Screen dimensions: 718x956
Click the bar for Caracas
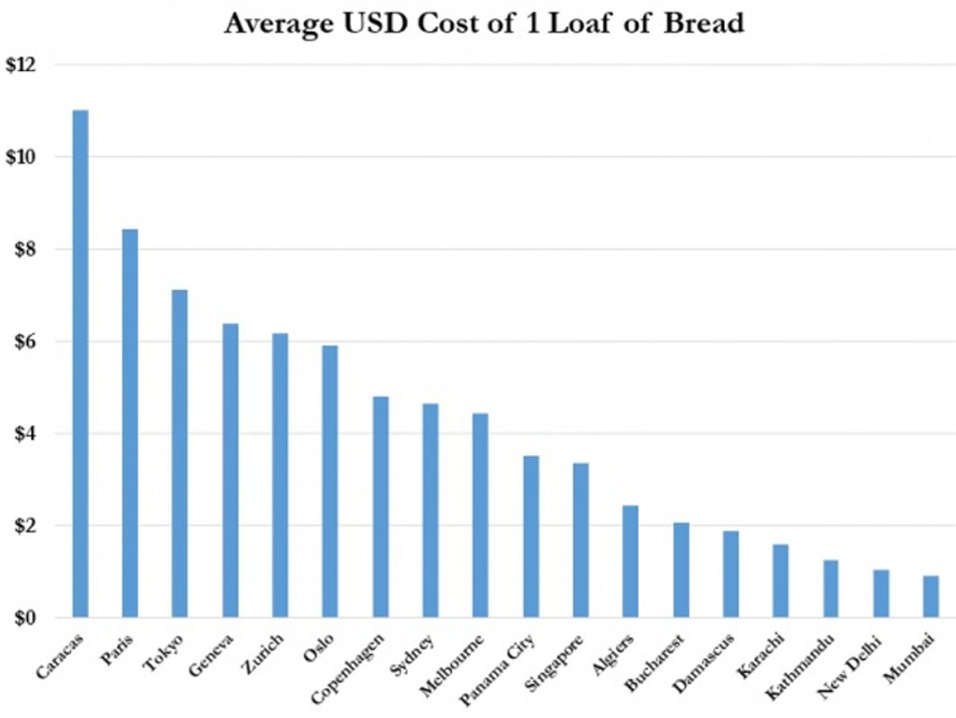click(81, 363)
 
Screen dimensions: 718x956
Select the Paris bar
click(130, 423)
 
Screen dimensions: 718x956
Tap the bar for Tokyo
click(180, 453)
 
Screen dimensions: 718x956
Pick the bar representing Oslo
click(330, 481)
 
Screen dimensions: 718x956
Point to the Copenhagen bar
click(380, 506)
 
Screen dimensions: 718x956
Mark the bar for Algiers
click(630, 561)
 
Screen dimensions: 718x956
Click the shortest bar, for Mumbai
click(931, 596)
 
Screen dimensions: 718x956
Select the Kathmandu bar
click(831, 589)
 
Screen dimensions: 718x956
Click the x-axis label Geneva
click(215, 656)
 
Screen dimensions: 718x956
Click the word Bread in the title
click(705, 23)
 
